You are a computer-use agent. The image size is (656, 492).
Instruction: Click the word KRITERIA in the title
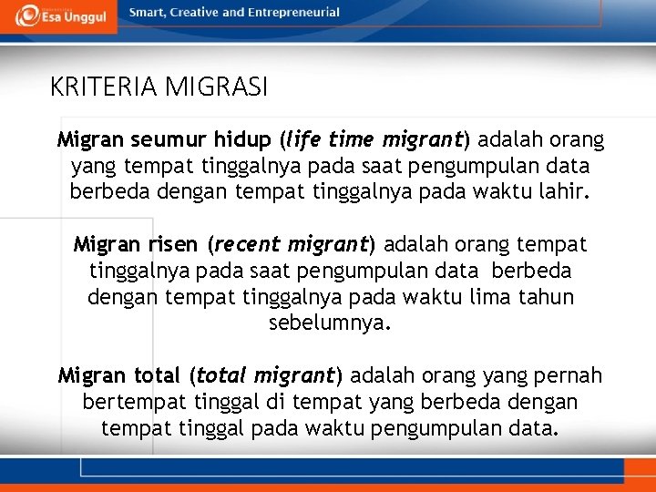(106, 87)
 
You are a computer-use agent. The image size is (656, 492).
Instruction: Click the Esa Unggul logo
(58, 15)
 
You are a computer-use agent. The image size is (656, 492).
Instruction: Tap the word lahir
(567, 193)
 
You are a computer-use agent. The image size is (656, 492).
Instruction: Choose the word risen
(174, 245)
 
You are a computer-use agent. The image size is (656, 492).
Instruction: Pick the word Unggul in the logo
(87, 16)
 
